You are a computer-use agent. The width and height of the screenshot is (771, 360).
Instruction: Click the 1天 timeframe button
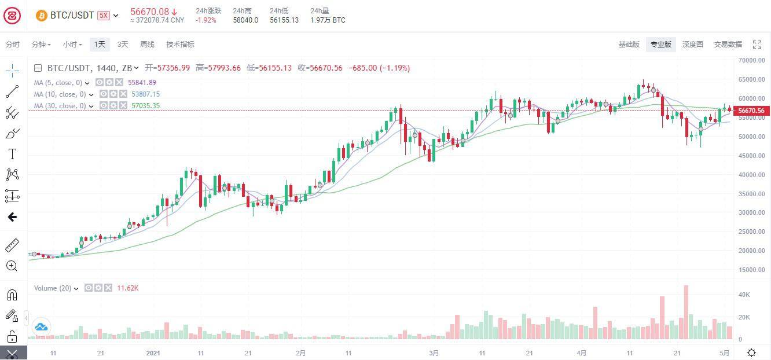(x=100, y=45)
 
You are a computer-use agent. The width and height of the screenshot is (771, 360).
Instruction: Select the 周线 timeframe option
(x=147, y=45)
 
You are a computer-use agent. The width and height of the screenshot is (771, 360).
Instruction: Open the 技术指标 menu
(x=180, y=45)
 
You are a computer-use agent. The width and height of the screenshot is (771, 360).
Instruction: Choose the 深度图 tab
(x=692, y=45)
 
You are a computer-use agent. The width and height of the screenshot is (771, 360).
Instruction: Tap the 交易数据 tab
(x=728, y=45)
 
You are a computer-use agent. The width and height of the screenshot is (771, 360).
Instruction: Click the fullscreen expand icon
(x=757, y=45)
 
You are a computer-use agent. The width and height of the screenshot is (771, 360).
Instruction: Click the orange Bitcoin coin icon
(x=41, y=16)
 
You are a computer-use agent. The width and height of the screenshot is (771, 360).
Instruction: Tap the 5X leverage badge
(x=103, y=16)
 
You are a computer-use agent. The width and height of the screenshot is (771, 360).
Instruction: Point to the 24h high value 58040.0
(x=245, y=20)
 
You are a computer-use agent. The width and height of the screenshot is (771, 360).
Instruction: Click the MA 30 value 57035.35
(x=146, y=106)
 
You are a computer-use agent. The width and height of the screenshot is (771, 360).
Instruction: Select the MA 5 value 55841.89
(x=142, y=83)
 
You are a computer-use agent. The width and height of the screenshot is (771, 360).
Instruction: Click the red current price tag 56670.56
(x=751, y=111)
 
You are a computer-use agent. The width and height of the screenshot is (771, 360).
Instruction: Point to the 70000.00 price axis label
(x=751, y=60)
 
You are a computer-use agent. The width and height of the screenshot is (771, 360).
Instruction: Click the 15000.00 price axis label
(x=751, y=270)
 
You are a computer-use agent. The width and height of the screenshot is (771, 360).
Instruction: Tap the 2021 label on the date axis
(x=153, y=353)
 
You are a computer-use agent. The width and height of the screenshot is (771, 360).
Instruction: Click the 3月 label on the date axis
(x=434, y=353)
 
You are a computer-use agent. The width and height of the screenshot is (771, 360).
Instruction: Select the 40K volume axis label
(x=744, y=295)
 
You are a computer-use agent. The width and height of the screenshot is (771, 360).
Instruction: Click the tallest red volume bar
(x=686, y=312)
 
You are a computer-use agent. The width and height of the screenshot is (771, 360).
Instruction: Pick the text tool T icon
(x=12, y=154)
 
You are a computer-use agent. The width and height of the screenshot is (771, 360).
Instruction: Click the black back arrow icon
(x=12, y=217)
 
